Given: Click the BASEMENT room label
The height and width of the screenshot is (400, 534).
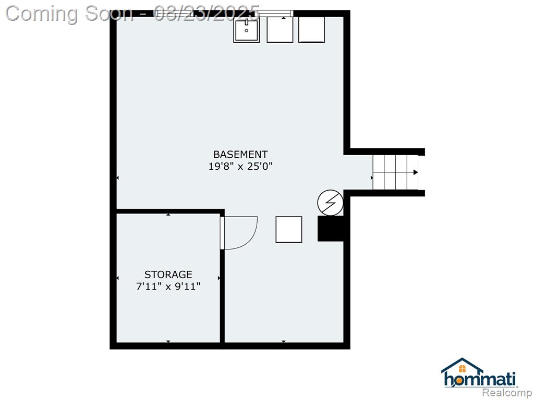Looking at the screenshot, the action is point(240,154).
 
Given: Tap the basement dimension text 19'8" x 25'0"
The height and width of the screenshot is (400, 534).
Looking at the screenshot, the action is point(240,167).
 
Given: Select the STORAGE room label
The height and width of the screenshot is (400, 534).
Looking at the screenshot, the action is point(168,274).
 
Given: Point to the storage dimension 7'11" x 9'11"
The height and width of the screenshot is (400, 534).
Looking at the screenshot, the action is point(168,286).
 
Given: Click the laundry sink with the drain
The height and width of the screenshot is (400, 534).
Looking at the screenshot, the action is point(247,30).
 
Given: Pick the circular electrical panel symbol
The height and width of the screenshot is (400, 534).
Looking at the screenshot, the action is point(330,203).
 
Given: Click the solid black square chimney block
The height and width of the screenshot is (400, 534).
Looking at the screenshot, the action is point(330,229).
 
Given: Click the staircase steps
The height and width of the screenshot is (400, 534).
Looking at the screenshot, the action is point(395,172).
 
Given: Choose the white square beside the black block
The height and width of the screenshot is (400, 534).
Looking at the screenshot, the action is point(289,230).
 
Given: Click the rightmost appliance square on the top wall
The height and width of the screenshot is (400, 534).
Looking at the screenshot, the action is point(312,30).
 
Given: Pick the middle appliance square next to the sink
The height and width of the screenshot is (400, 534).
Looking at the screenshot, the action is point(280,30).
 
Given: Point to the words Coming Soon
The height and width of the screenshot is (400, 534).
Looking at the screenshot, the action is point(69,14).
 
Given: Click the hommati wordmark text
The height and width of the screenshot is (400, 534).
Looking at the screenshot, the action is point(480,379).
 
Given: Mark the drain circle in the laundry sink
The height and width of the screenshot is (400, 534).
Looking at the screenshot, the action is point(247,31).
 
